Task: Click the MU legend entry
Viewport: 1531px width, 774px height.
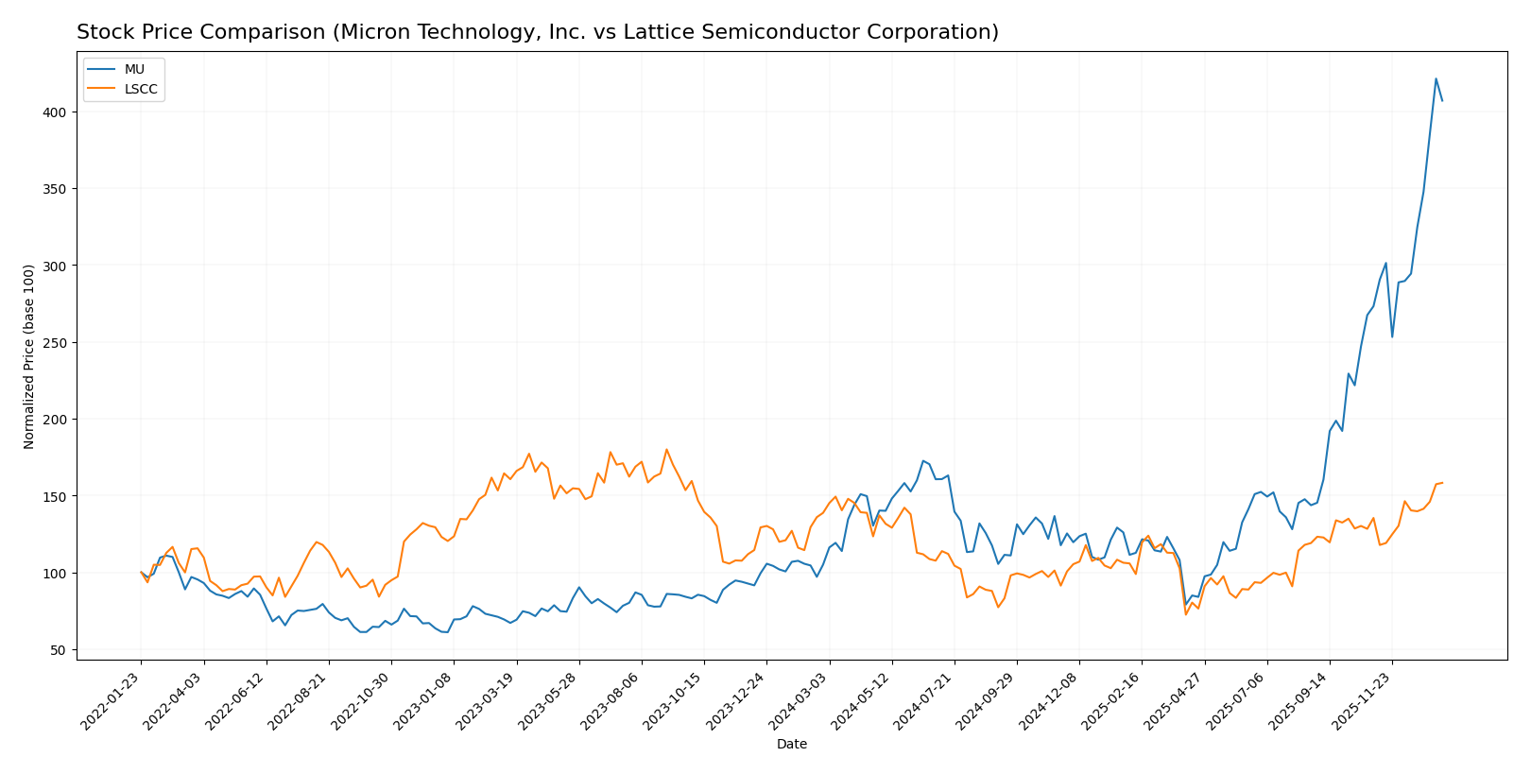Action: [x=134, y=70]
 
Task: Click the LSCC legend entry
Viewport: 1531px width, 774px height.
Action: [x=141, y=90]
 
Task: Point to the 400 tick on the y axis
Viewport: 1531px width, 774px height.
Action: [x=59, y=112]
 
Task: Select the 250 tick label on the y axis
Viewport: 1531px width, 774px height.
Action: [x=59, y=343]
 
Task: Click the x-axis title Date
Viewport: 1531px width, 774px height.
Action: [x=791, y=745]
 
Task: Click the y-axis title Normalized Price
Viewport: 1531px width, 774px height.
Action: [x=29, y=356]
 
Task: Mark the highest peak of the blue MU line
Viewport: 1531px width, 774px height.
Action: [x=1436, y=78]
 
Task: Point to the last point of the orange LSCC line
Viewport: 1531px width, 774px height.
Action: [x=1442, y=483]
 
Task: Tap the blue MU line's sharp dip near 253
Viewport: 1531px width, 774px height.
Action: [x=1392, y=337]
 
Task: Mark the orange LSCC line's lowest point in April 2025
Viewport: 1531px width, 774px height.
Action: [x=1186, y=614]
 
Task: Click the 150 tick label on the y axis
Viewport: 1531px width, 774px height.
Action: [x=59, y=496]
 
